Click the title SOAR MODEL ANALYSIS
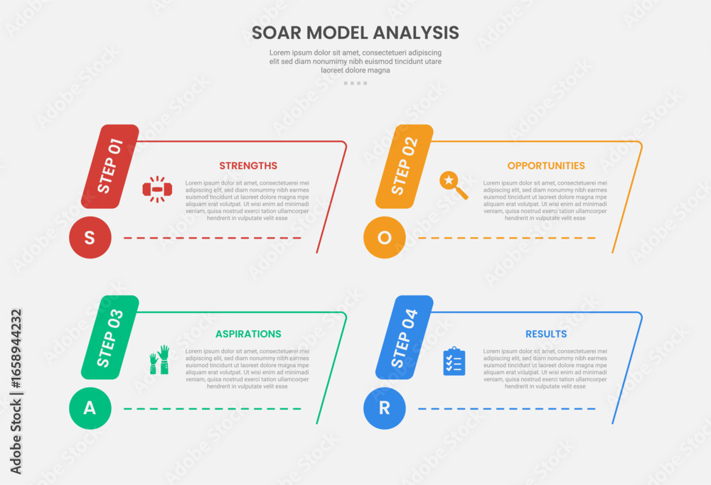355,33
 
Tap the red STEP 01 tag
109,166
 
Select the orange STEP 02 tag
404,166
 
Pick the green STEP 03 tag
109,337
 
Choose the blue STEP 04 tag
404,337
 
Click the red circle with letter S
90,237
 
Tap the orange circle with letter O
385,237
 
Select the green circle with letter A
90,408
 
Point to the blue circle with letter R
385,408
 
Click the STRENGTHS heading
248,165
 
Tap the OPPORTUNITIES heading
546,165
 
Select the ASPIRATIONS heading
248,334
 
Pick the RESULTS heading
546,334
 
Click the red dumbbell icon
157,190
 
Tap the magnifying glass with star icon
454,185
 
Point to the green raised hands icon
159,359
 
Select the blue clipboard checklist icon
454,361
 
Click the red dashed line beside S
212,238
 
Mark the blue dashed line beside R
507,409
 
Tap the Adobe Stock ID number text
16,349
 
